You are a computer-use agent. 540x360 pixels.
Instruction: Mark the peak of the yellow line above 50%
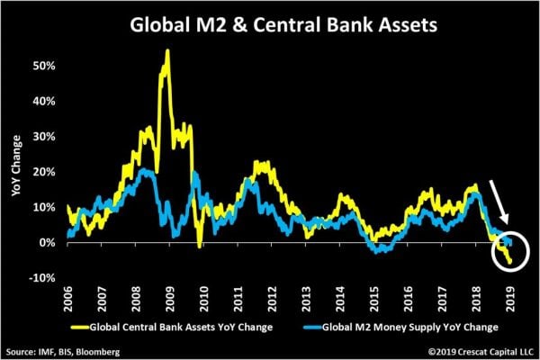[167, 51]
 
